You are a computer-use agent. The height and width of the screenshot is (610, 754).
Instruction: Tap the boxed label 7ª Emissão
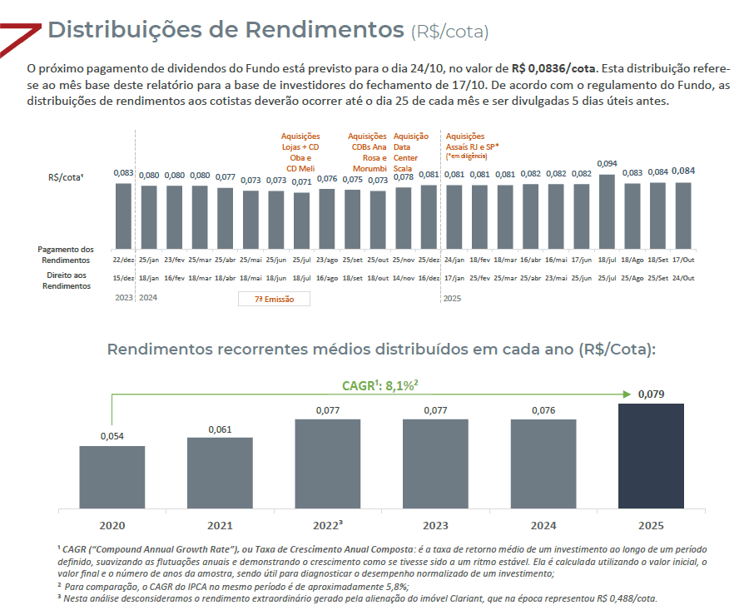pos(273,298)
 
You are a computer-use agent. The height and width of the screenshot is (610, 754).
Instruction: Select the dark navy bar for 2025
pos(652,455)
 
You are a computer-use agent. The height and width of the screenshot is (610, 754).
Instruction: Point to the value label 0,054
pos(112,436)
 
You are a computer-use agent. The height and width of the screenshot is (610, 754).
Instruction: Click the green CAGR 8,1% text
pos(379,385)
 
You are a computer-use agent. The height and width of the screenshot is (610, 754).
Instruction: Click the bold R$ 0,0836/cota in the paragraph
pos(554,68)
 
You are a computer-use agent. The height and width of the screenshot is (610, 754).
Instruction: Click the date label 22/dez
pos(122,260)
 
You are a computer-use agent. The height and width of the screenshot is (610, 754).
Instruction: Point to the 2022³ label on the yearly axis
pos(328,524)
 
